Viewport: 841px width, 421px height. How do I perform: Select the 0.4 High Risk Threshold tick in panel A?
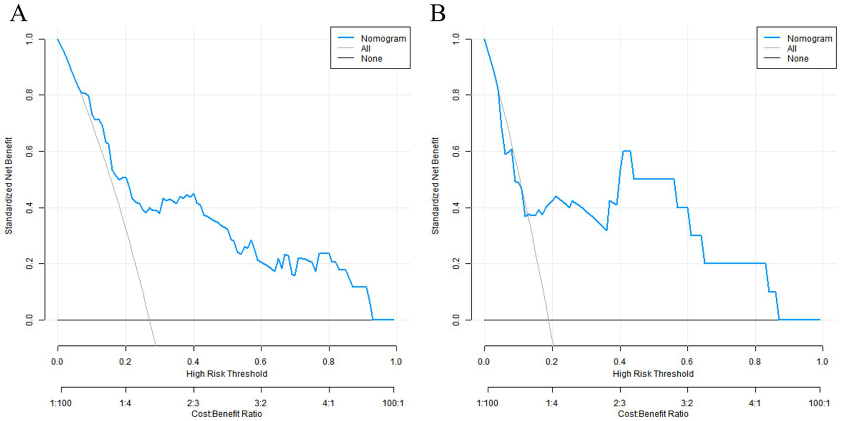click(x=193, y=362)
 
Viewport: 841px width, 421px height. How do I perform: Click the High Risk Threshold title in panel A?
click(x=226, y=374)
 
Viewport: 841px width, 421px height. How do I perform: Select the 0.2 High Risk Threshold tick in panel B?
click(x=552, y=362)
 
